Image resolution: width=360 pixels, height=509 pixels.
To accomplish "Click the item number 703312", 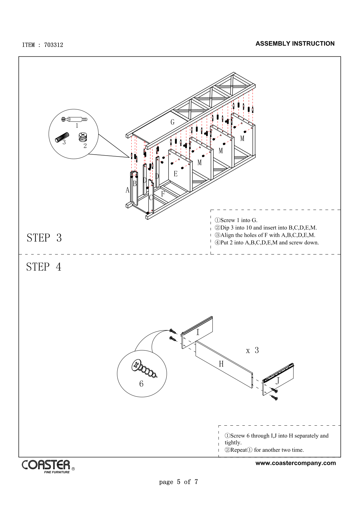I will (x=53, y=45).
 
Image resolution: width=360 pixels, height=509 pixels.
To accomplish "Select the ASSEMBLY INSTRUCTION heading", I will (x=295, y=44).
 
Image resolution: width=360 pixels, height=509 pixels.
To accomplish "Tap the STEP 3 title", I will (x=44, y=238).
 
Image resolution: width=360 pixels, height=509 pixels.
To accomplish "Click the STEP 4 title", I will (x=44, y=267).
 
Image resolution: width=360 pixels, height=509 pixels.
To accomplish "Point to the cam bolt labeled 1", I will (x=74, y=119).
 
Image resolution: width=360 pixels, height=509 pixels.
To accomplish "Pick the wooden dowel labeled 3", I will (x=61, y=137).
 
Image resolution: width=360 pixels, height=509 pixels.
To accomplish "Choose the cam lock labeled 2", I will (x=82, y=137).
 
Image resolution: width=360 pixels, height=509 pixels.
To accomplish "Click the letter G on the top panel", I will (x=172, y=122).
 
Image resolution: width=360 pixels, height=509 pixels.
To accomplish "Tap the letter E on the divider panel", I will (x=175, y=174).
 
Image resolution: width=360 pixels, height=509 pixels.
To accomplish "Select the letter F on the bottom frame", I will (x=163, y=194).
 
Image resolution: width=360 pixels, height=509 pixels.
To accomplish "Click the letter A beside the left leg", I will (x=128, y=190).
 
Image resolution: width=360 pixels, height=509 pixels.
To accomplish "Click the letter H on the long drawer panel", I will (x=221, y=364).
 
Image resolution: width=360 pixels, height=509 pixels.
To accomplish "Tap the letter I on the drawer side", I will (x=197, y=332).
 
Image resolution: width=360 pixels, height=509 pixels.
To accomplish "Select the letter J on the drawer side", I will (x=277, y=380).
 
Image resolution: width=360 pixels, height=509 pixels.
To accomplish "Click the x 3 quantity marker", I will (x=252, y=351).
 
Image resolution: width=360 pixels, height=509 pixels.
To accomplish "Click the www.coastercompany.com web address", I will (x=295, y=463).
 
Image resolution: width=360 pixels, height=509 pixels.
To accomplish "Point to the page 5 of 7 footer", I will (x=178, y=482).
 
